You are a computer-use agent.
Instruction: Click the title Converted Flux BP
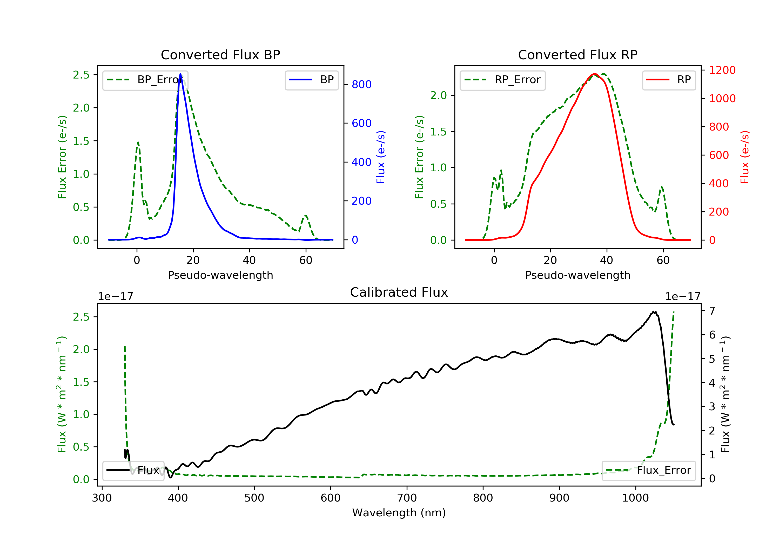[220, 55]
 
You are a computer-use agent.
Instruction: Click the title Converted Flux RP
[577, 55]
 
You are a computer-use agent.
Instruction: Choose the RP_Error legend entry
[502, 80]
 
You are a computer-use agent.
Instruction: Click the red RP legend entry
[669, 80]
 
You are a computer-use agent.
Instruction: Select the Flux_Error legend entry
[648, 470]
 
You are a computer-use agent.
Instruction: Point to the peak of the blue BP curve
[180, 74]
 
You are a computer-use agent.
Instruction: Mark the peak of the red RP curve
[594, 74]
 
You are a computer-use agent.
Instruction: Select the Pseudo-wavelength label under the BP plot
[220, 275]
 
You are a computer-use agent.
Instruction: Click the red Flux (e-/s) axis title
[744, 157]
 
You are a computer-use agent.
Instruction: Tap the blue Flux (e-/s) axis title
[381, 157]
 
